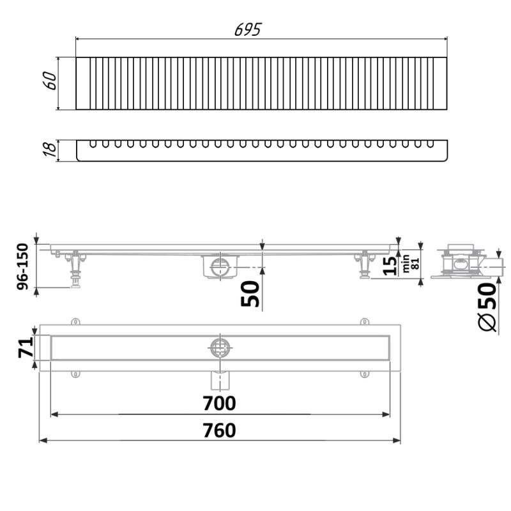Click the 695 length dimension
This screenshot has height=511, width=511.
pyautogui.click(x=248, y=29)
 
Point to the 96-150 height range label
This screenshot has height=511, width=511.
pyautogui.click(x=23, y=267)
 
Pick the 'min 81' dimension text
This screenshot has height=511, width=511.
pyautogui.click(x=409, y=263)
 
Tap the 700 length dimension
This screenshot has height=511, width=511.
pyautogui.click(x=220, y=403)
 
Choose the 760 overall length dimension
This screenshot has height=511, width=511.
pyautogui.click(x=220, y=431)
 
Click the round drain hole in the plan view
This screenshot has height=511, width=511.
pyautogui.click(x=220, y=347)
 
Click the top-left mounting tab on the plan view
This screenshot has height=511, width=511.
pyautogui.click(x=75, y=321)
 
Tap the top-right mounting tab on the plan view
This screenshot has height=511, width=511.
pyautogui.click(x=364, y=321)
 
